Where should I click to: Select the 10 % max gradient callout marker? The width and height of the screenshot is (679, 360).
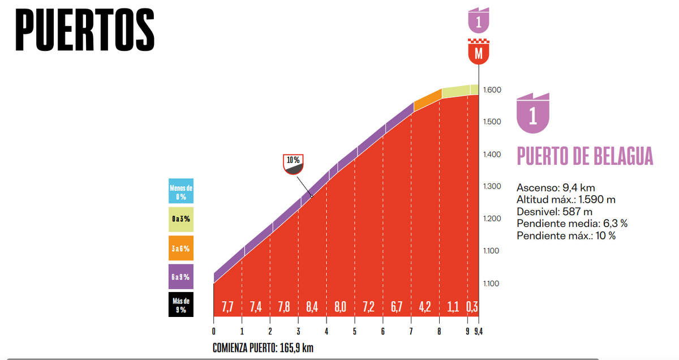pyautogui.click(x=293, y=164)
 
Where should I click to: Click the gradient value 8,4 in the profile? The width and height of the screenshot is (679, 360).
pyautogui.click(x=312, y=307)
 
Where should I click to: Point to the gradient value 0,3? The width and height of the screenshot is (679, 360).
pyautogui.click(x=471, y=307)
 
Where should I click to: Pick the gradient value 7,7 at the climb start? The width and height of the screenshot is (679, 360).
pyautogui.click(x=227, y=307)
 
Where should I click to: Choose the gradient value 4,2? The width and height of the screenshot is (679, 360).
pyautogui.click(x=426, y=307)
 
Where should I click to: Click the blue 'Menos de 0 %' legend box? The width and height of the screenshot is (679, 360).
pyautogui.click(x=181, y=192)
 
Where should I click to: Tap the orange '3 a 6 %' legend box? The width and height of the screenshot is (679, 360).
pyautogui.click(x=181, y=248)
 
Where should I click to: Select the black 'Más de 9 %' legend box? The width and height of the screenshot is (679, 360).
pyautogui.click(x=181, y=305)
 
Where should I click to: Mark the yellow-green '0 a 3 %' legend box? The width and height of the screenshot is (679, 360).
pyautogui.click(x=181, y=219)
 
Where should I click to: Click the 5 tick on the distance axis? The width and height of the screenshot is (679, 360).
pyautogui.click(x=355, y=332)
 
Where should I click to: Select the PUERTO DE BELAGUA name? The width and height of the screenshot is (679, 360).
pyautogui.click(x=585, y=156)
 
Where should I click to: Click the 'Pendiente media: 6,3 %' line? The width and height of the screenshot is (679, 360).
pyautogui.click(x=572, y=224)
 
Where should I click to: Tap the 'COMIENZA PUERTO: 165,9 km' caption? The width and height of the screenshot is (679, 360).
pyautogui.click(x=263, y=348)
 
